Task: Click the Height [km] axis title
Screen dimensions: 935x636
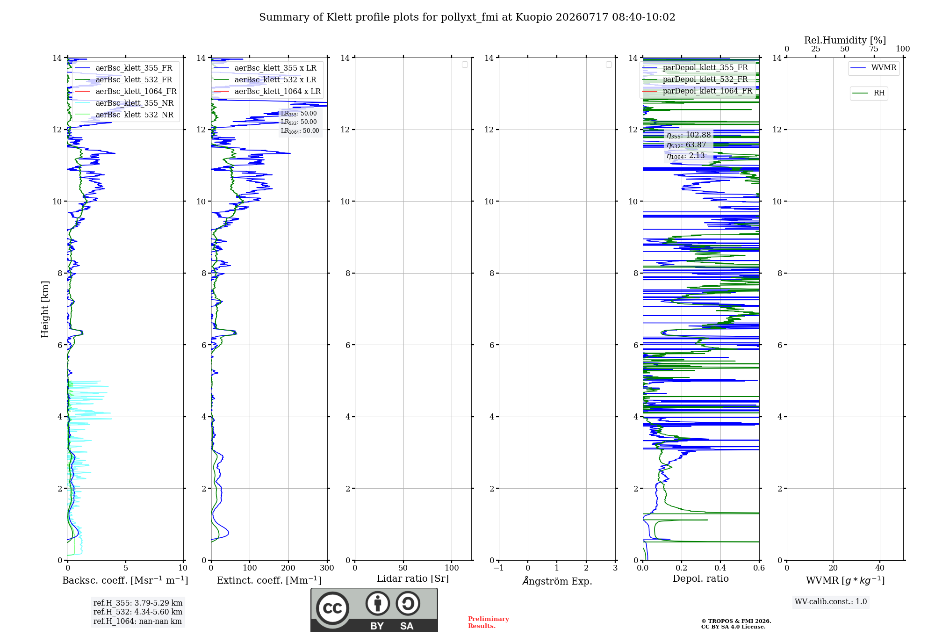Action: pyautogui.click(x=45, y=309)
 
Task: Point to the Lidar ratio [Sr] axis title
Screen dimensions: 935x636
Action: pyautogui.click(x=413, y=578)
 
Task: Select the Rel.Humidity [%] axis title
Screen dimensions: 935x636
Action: pyautogui.click(x=845, y=40)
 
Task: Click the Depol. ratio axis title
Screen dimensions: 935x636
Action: pyautogui.click(x=701, y=578)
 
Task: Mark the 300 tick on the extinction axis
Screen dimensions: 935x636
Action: pyautogui.click(x=327, y=568)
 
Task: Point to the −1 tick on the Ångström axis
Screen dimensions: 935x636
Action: pyautogui.click(x=499, y=568)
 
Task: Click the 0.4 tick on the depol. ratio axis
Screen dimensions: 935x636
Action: pyautogui.click(x=720, y=568)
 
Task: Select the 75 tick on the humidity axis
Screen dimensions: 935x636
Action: pyautogui.click(x=874, y=49)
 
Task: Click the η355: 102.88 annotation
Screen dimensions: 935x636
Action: pyautogui.click(x=689, y=135)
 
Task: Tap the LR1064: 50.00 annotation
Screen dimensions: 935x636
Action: pyautogui.click(x=300, y=131)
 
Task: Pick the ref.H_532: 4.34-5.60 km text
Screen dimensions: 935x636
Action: pyautogui.click(x=138, y=612)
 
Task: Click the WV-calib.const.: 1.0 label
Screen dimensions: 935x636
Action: pyautogui.click(x=831, y=602)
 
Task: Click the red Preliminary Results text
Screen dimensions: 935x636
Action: pyautogui.click(x=489, y=622)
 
